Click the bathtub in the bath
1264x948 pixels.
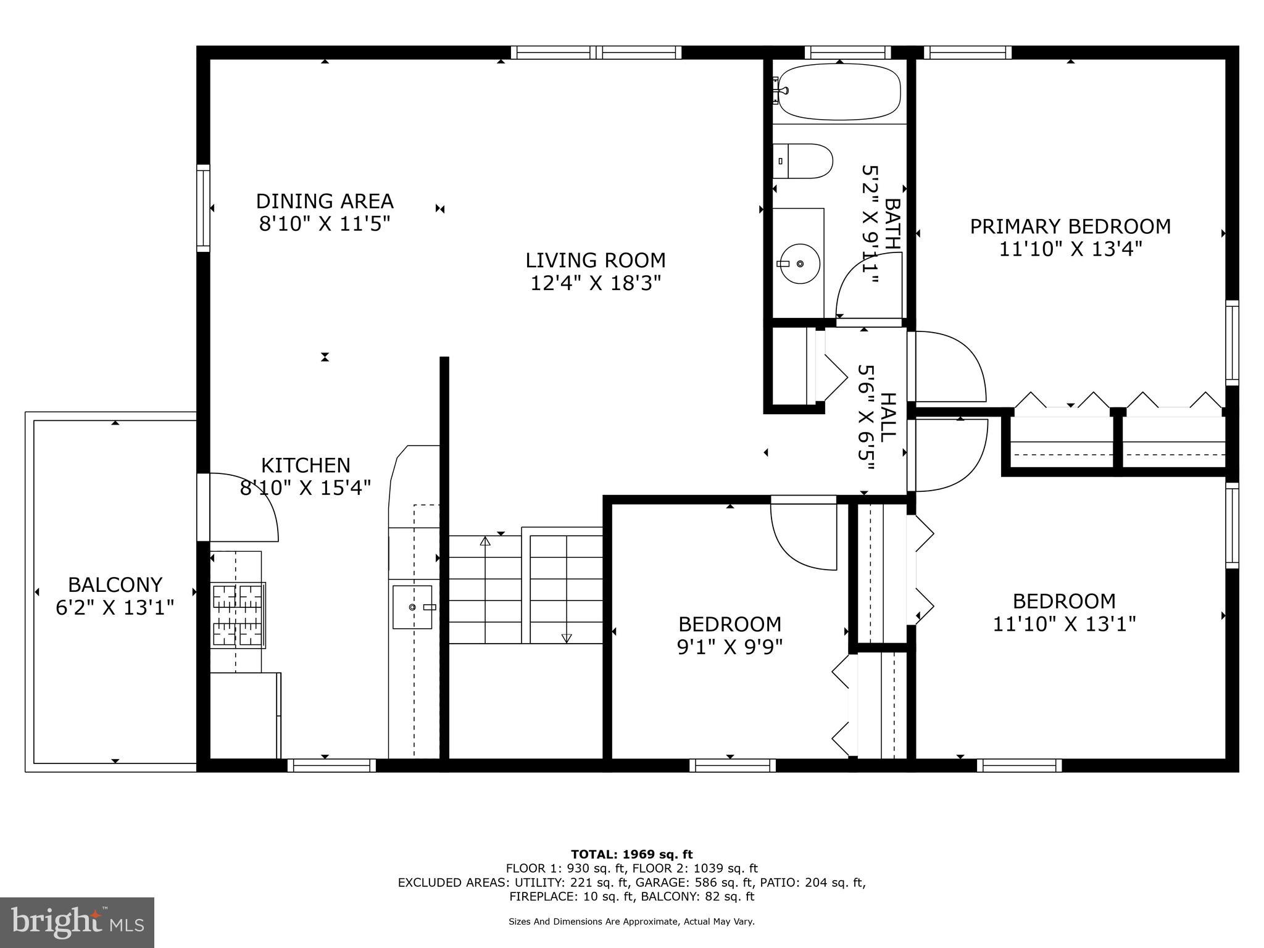(x=839, y=92)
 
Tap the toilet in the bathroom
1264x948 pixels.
(x=802, y=161)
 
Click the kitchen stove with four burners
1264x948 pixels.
(x=238, y=615)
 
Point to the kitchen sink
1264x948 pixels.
(x=412, y=607)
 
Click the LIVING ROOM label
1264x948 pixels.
(x=596, y=260)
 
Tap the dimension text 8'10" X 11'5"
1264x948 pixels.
(x=325, y=223)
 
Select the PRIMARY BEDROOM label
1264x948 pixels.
(x=1070, y=227)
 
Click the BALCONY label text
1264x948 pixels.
(x=115, y=584)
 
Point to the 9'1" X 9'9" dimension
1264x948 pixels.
(x=730, y=647)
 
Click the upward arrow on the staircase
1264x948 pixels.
(x=485, y=542)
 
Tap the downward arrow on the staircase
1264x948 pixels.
(x=567, y=638)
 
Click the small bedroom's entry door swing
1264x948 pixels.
(x=802, y=537)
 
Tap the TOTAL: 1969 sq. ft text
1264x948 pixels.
(x=631, y=855)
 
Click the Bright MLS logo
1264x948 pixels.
(x=77, y=923)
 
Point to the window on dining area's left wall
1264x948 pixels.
(x=203, y=208)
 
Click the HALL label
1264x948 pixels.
(x=888, y=417)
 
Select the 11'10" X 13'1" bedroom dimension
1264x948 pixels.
(x=1064, y=624)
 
